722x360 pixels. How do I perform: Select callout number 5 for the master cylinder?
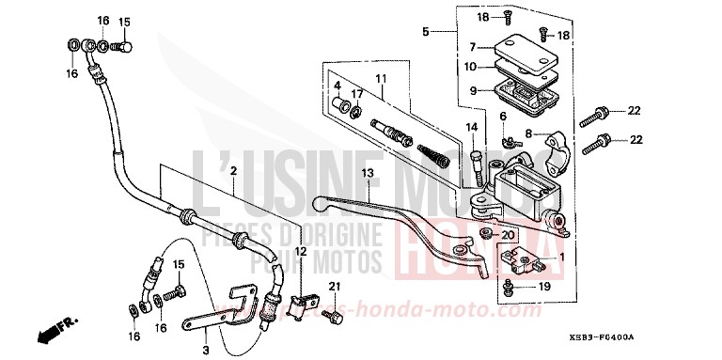426,32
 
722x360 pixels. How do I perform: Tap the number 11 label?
382,79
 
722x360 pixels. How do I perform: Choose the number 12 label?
300,252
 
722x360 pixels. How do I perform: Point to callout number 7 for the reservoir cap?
474,46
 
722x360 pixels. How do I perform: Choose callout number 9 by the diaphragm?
474,91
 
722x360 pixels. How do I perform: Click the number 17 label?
356,93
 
